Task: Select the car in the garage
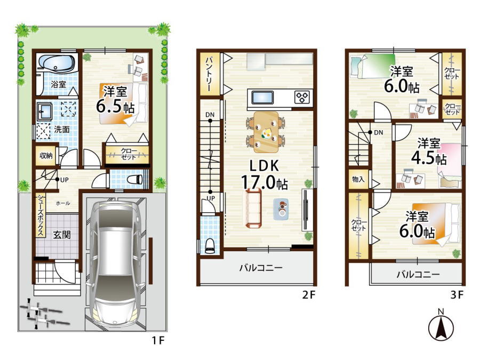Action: (115, 264)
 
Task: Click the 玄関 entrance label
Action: (62, 235)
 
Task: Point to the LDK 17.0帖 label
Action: (264, 174)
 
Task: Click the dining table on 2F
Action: (266, 132)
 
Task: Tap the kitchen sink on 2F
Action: (262, 98)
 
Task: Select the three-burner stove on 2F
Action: (302, 98)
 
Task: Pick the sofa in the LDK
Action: (253, 208)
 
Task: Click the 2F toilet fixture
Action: (210, 245)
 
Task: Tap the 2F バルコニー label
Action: (261, 268)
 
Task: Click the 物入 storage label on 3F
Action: (358, 179)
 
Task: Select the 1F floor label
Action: (158, 340)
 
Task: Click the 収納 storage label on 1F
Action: (46, 155)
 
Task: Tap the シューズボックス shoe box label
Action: (41, 215)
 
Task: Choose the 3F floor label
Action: (457, 295)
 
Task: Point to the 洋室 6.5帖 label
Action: (115, 100)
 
